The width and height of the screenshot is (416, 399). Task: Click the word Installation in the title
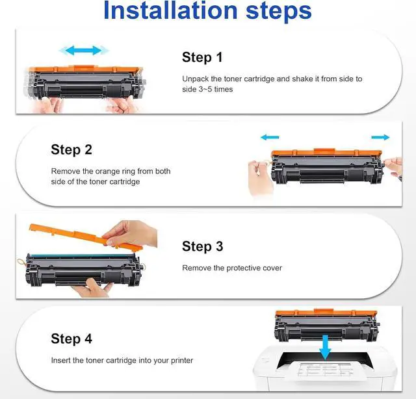click(170, 10)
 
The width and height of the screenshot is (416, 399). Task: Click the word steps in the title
click(279, 12)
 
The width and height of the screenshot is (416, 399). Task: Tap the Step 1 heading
click(202, 57)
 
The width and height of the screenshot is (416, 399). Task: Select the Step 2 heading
click(71, 149)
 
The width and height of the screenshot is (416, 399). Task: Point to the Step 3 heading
click(202, 246)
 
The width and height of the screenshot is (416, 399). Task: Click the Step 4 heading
click(71, 339)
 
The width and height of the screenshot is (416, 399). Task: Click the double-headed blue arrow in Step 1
click(84, 50)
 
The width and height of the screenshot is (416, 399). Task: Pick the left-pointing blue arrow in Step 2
click(270, 137)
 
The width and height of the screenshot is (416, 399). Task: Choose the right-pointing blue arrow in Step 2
click(380, 137)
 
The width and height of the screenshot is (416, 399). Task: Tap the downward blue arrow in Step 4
click(325, 347)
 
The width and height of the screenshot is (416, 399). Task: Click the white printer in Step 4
click(325, 368)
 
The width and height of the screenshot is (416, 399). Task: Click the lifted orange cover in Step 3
click(85, 237)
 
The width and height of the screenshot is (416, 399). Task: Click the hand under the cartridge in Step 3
click(92, 288)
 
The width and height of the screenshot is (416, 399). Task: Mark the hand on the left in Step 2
click(259, 177)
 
